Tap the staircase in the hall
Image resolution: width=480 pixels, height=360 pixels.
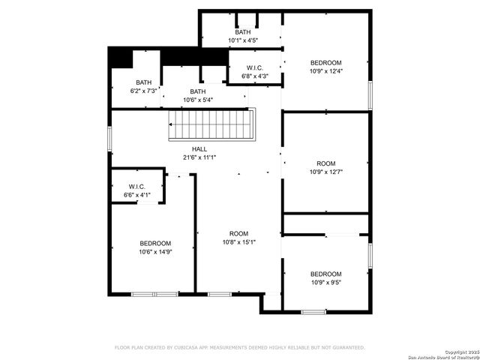click(211, 124)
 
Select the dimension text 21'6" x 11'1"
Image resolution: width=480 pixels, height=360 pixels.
click(199, 157)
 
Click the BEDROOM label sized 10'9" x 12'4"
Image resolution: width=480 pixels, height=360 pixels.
click(325, 62)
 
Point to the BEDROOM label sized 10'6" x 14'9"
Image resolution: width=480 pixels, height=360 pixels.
click(155, 244)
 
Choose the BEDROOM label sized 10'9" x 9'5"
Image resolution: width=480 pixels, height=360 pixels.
click(325, 274)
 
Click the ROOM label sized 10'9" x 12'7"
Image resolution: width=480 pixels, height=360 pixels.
click(325, 163)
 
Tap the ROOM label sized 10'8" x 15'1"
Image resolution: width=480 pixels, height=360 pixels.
click(238, 233)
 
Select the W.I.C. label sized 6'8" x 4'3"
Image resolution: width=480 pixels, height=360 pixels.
click(254, 67)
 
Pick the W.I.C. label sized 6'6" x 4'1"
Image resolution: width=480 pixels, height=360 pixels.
click(136, 186)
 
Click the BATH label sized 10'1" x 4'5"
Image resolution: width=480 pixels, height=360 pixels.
click(242, 32)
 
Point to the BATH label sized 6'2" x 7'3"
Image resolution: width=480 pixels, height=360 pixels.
click(143, 82)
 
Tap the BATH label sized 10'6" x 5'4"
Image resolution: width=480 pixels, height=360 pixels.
click(197, 91)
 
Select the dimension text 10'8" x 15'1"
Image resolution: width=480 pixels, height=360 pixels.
click(238, 242)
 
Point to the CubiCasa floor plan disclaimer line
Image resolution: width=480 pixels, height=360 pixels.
click(239, 347)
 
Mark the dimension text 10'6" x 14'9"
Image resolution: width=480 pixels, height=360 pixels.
click(155, 252)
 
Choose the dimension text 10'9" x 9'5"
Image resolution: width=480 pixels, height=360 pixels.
click(325, 282)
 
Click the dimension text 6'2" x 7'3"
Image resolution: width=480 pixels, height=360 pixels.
click(143, 91)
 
